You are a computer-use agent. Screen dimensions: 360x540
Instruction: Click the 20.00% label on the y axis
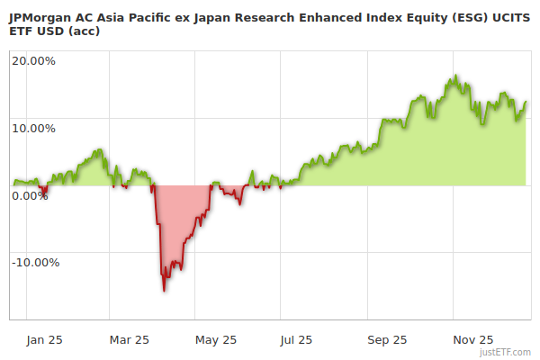(33, 61)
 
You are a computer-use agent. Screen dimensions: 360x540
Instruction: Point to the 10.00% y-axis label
(33, 128)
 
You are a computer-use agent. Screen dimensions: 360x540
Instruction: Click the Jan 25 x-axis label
(44, 339)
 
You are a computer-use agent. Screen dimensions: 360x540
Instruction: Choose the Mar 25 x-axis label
(129, 339)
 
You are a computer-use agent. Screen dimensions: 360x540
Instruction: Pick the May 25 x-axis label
(215, 339)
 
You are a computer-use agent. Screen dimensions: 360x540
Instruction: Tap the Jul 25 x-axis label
(296, 339)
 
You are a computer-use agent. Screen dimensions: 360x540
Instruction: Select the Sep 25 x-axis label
(386, 339)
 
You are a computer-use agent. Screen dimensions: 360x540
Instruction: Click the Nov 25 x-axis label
(472, 339)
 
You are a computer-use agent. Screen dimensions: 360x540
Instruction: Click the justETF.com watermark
(505, 352)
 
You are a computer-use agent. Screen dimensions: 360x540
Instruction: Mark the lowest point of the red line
(164, 290)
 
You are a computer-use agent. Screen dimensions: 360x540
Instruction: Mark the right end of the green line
(526, 102)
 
